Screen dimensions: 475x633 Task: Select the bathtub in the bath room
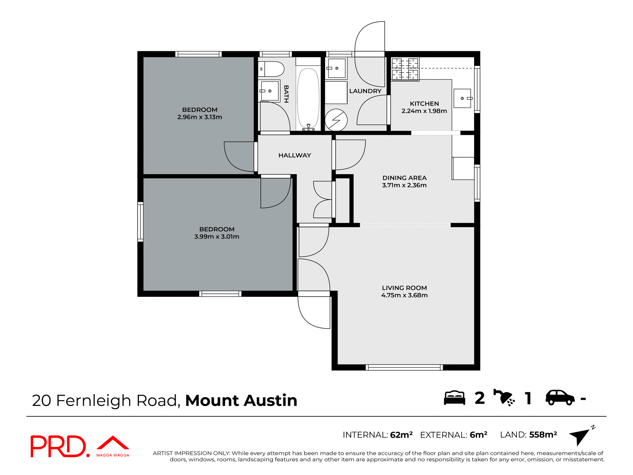click(x=308, y=98)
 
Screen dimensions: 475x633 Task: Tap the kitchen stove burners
click(x=405, y=69)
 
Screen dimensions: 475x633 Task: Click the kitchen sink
click(x=462, y=98)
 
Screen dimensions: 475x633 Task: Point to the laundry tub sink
click(x=336, y=68)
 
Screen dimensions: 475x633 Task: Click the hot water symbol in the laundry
click(x=336, y=120)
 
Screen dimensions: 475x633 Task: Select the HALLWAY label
click(x=294, y=155)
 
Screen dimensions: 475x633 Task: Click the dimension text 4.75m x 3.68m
click(x=404, y=295)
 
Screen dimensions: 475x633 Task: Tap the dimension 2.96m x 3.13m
click(x=199, y=117)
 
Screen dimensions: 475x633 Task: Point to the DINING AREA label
click(x=404, y=178)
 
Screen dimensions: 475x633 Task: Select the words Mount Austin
click(x=241, y=400)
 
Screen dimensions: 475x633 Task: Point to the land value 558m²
click(x=543, y=435)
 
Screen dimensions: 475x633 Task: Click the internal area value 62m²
click(x=401, y=435)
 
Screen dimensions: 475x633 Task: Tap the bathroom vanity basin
click(x=269, y=91)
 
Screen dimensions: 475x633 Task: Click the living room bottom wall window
click(x=404, y=367)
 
